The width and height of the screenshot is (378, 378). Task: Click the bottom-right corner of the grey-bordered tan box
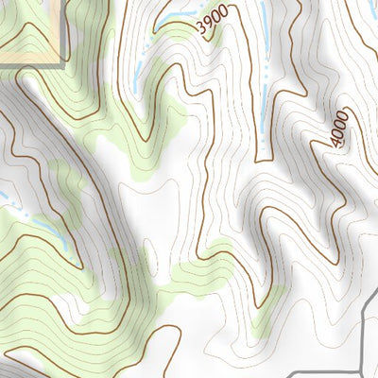click(x=64, y=65)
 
